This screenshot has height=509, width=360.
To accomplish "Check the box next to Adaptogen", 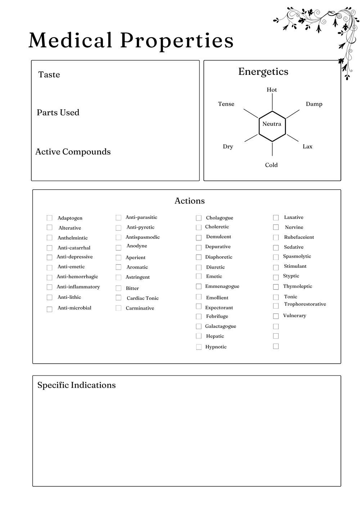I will coord(49,218).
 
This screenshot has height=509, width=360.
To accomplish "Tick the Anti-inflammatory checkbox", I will coord(49,287).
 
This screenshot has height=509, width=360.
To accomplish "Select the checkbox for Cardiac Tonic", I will coord(118,298).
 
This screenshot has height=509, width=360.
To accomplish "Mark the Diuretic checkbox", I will coord(199,267).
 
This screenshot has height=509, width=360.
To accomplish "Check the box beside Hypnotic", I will coord(199,347).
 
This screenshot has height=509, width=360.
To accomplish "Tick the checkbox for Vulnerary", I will coord(276,316).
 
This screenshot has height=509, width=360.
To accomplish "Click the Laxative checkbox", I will coord(276,217).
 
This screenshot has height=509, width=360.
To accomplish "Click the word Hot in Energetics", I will coord(272,90).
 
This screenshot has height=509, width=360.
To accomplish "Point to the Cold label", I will coord(271,165).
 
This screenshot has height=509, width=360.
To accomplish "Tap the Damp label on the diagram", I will coord(314,104).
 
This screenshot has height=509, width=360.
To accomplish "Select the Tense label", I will coord(226,104).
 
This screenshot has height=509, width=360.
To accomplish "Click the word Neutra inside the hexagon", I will coord(272,124).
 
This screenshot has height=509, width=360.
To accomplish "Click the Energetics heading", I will coord(263,72).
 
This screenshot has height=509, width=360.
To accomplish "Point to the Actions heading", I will coord(189,201).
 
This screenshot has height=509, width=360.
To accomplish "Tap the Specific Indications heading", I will coord(76,385).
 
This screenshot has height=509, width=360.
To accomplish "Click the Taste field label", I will coord(49,75).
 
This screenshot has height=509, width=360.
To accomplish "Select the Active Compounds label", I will coord(73,152).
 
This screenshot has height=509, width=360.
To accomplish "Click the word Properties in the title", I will coord(177,40).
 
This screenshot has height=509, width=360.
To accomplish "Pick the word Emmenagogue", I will coord(222,286).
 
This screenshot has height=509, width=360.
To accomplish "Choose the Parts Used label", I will coord(58,112).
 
